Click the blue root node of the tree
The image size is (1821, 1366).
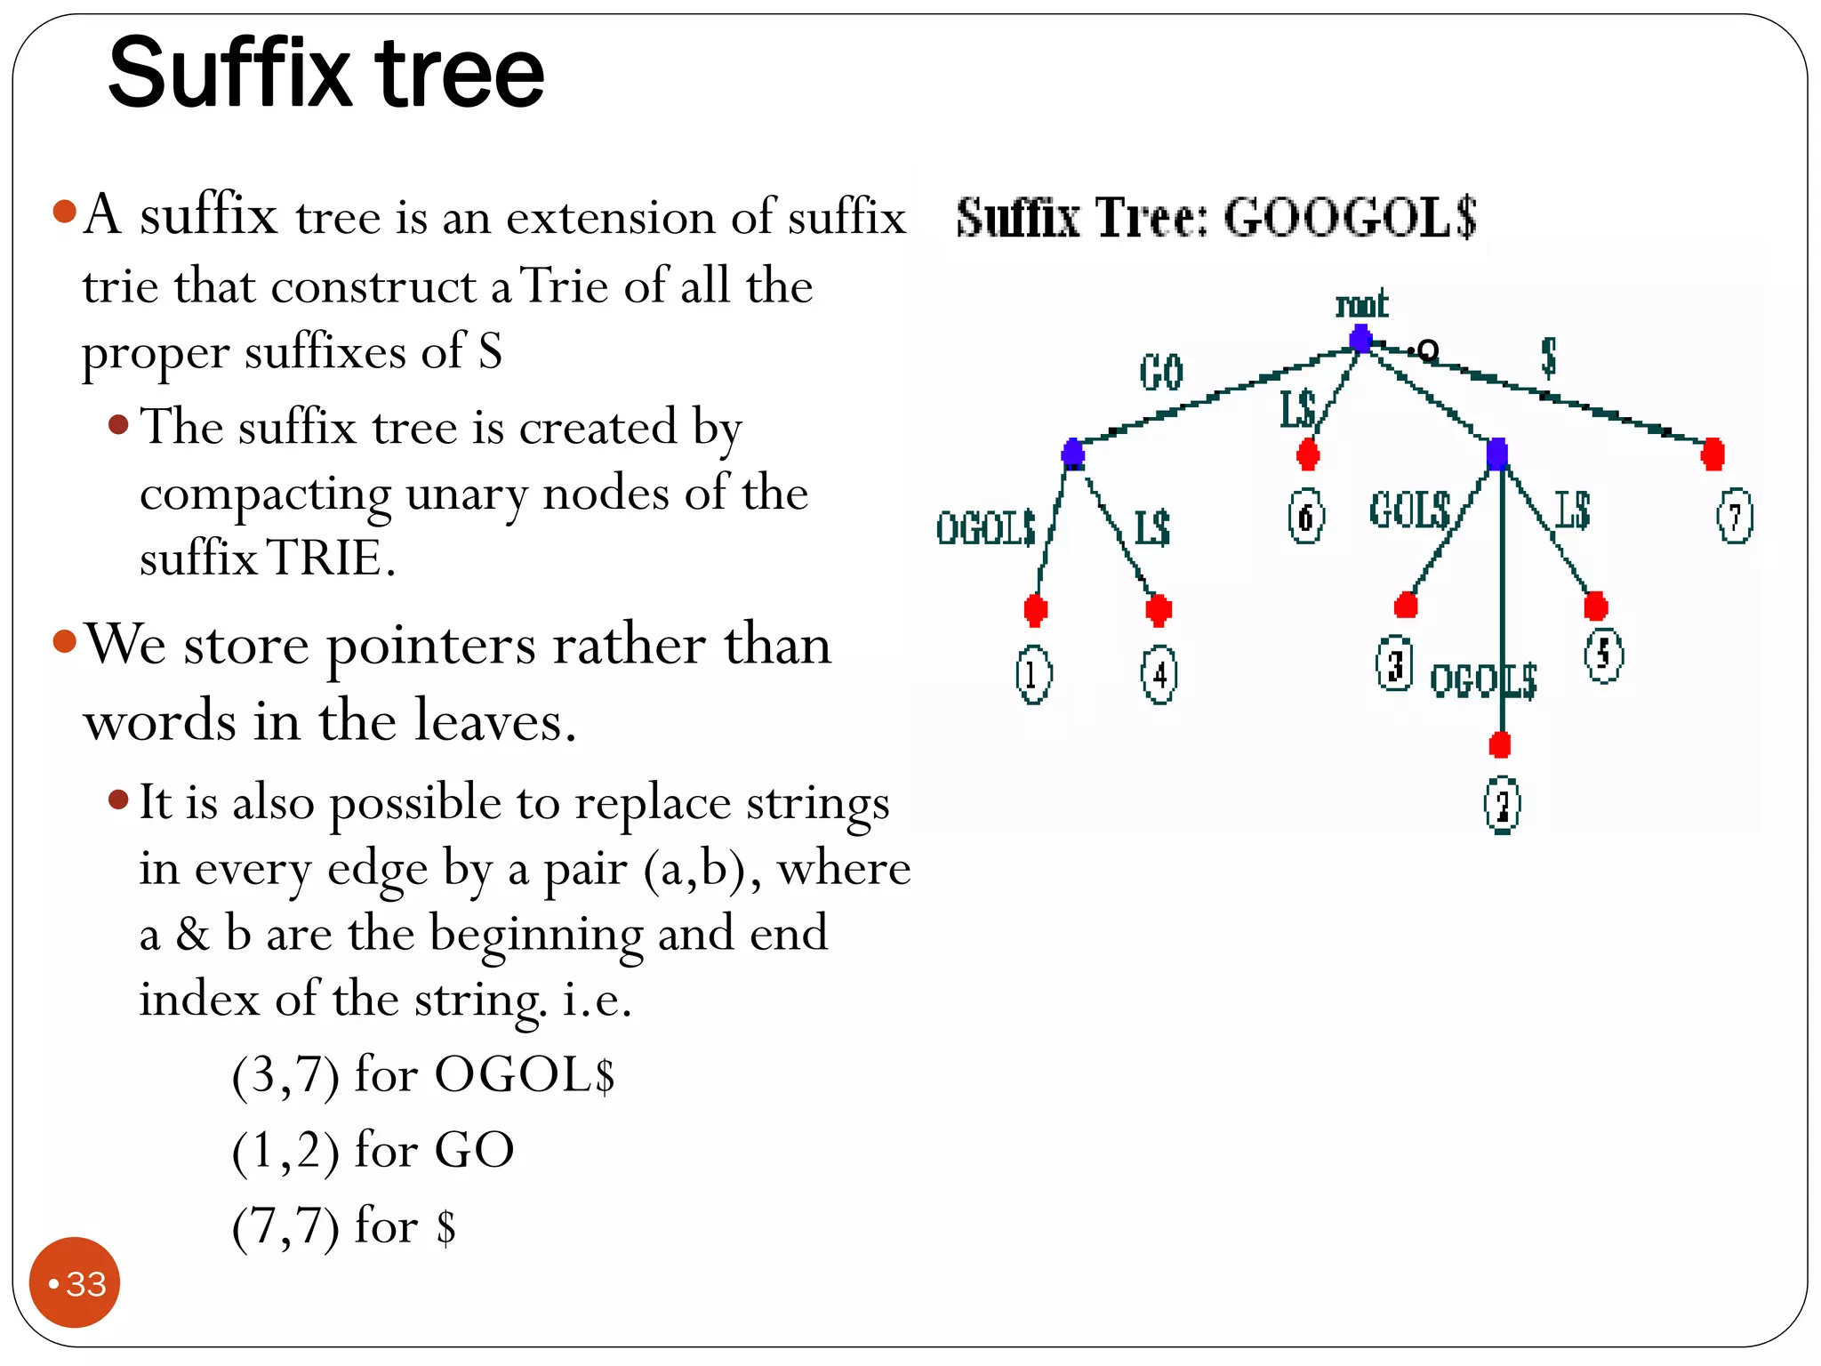tap(1360, 339)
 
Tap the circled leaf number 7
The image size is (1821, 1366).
tap(1734, 517)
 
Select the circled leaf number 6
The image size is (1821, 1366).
tap(1306, 516)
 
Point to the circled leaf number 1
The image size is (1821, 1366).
tap(1033, 675)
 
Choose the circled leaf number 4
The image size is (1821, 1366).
tap(1159, 675)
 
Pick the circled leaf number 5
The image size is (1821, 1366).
tap(1603, 655)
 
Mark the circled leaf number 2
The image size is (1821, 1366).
tap(1502, 806)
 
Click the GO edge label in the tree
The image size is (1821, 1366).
tap(1161, 372)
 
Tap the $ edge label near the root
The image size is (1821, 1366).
tap(1548, 357)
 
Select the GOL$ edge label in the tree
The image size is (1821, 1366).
tap(1410, 510)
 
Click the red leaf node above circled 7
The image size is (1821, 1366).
tap(1713, 454)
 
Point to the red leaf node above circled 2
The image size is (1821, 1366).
tap(1500, 744)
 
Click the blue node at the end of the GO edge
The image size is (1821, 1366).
tap(1073, 454)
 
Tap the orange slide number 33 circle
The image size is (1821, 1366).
tap(75, 1282)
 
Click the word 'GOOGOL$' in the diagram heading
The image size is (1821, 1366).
tap(1350, 217)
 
